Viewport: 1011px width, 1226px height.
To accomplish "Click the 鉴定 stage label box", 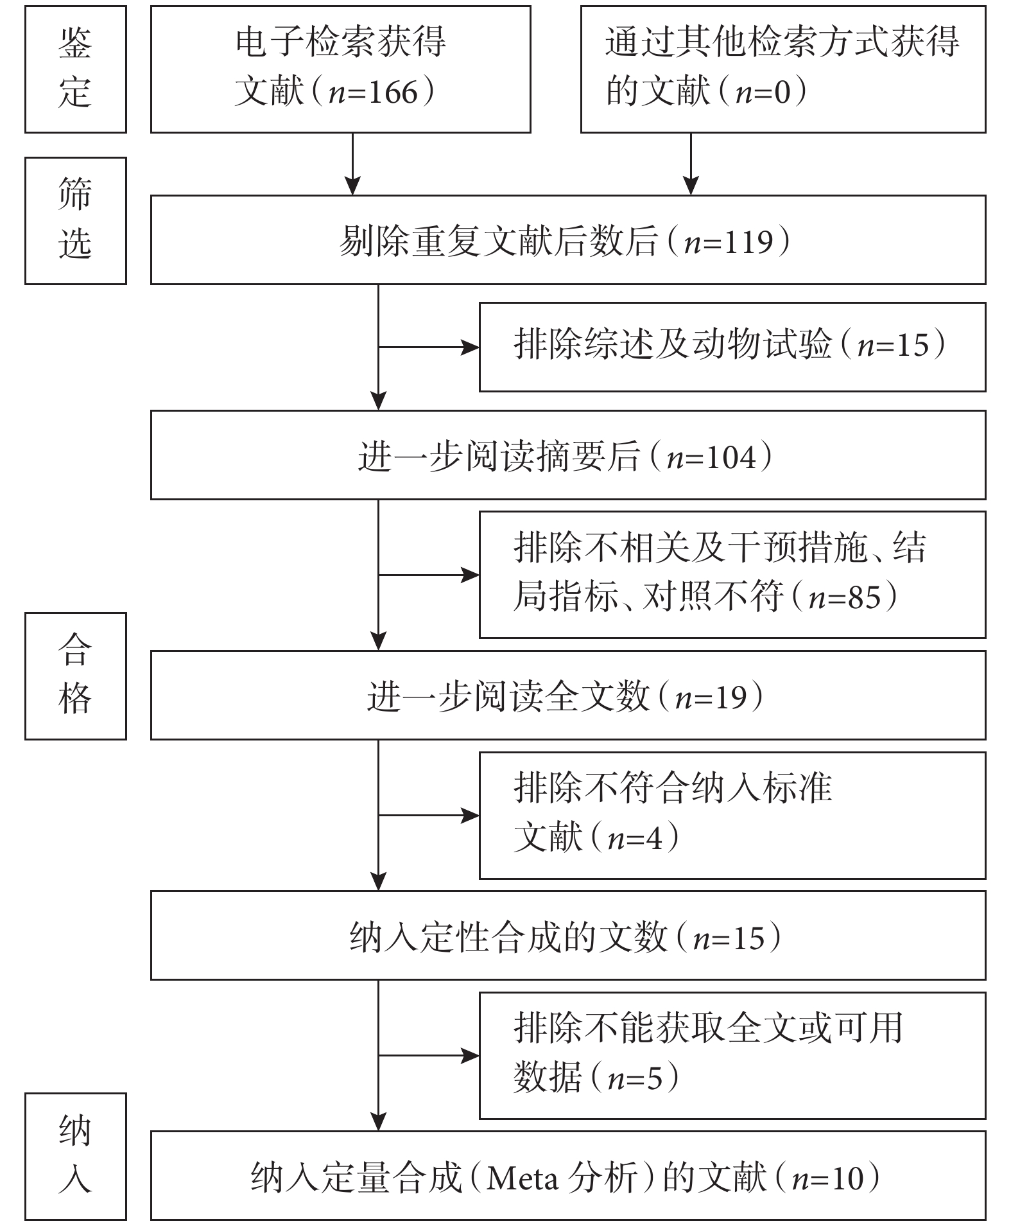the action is pyautogui.click(x=76, y=69).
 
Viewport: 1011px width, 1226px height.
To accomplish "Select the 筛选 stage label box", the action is pyautogui.click(x=76, y=220).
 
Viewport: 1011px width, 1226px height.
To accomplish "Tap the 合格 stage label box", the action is pyautogui.click(x=76, y=676).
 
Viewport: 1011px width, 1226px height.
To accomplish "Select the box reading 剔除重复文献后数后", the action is pyautogui.click(x=568, y=240).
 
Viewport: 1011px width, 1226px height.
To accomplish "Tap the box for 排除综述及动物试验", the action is pyautogui.click(x=732, y=347).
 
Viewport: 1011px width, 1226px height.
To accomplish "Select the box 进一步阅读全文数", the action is pyautogui.click(x=568, y=695).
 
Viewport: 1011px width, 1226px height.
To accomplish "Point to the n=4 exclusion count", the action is pyautogui.click(x=635, y=838).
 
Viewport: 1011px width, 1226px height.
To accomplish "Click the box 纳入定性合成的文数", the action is pyautogui.click(x=568, y=935).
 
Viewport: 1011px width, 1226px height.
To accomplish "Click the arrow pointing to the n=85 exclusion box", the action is pyautogui.click(x=429, y=575).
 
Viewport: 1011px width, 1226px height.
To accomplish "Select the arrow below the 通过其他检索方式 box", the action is pyautogui.click(x=690, y=164).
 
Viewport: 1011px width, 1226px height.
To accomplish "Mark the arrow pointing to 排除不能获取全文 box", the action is pyautogui.click(x=429, y=1055).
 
